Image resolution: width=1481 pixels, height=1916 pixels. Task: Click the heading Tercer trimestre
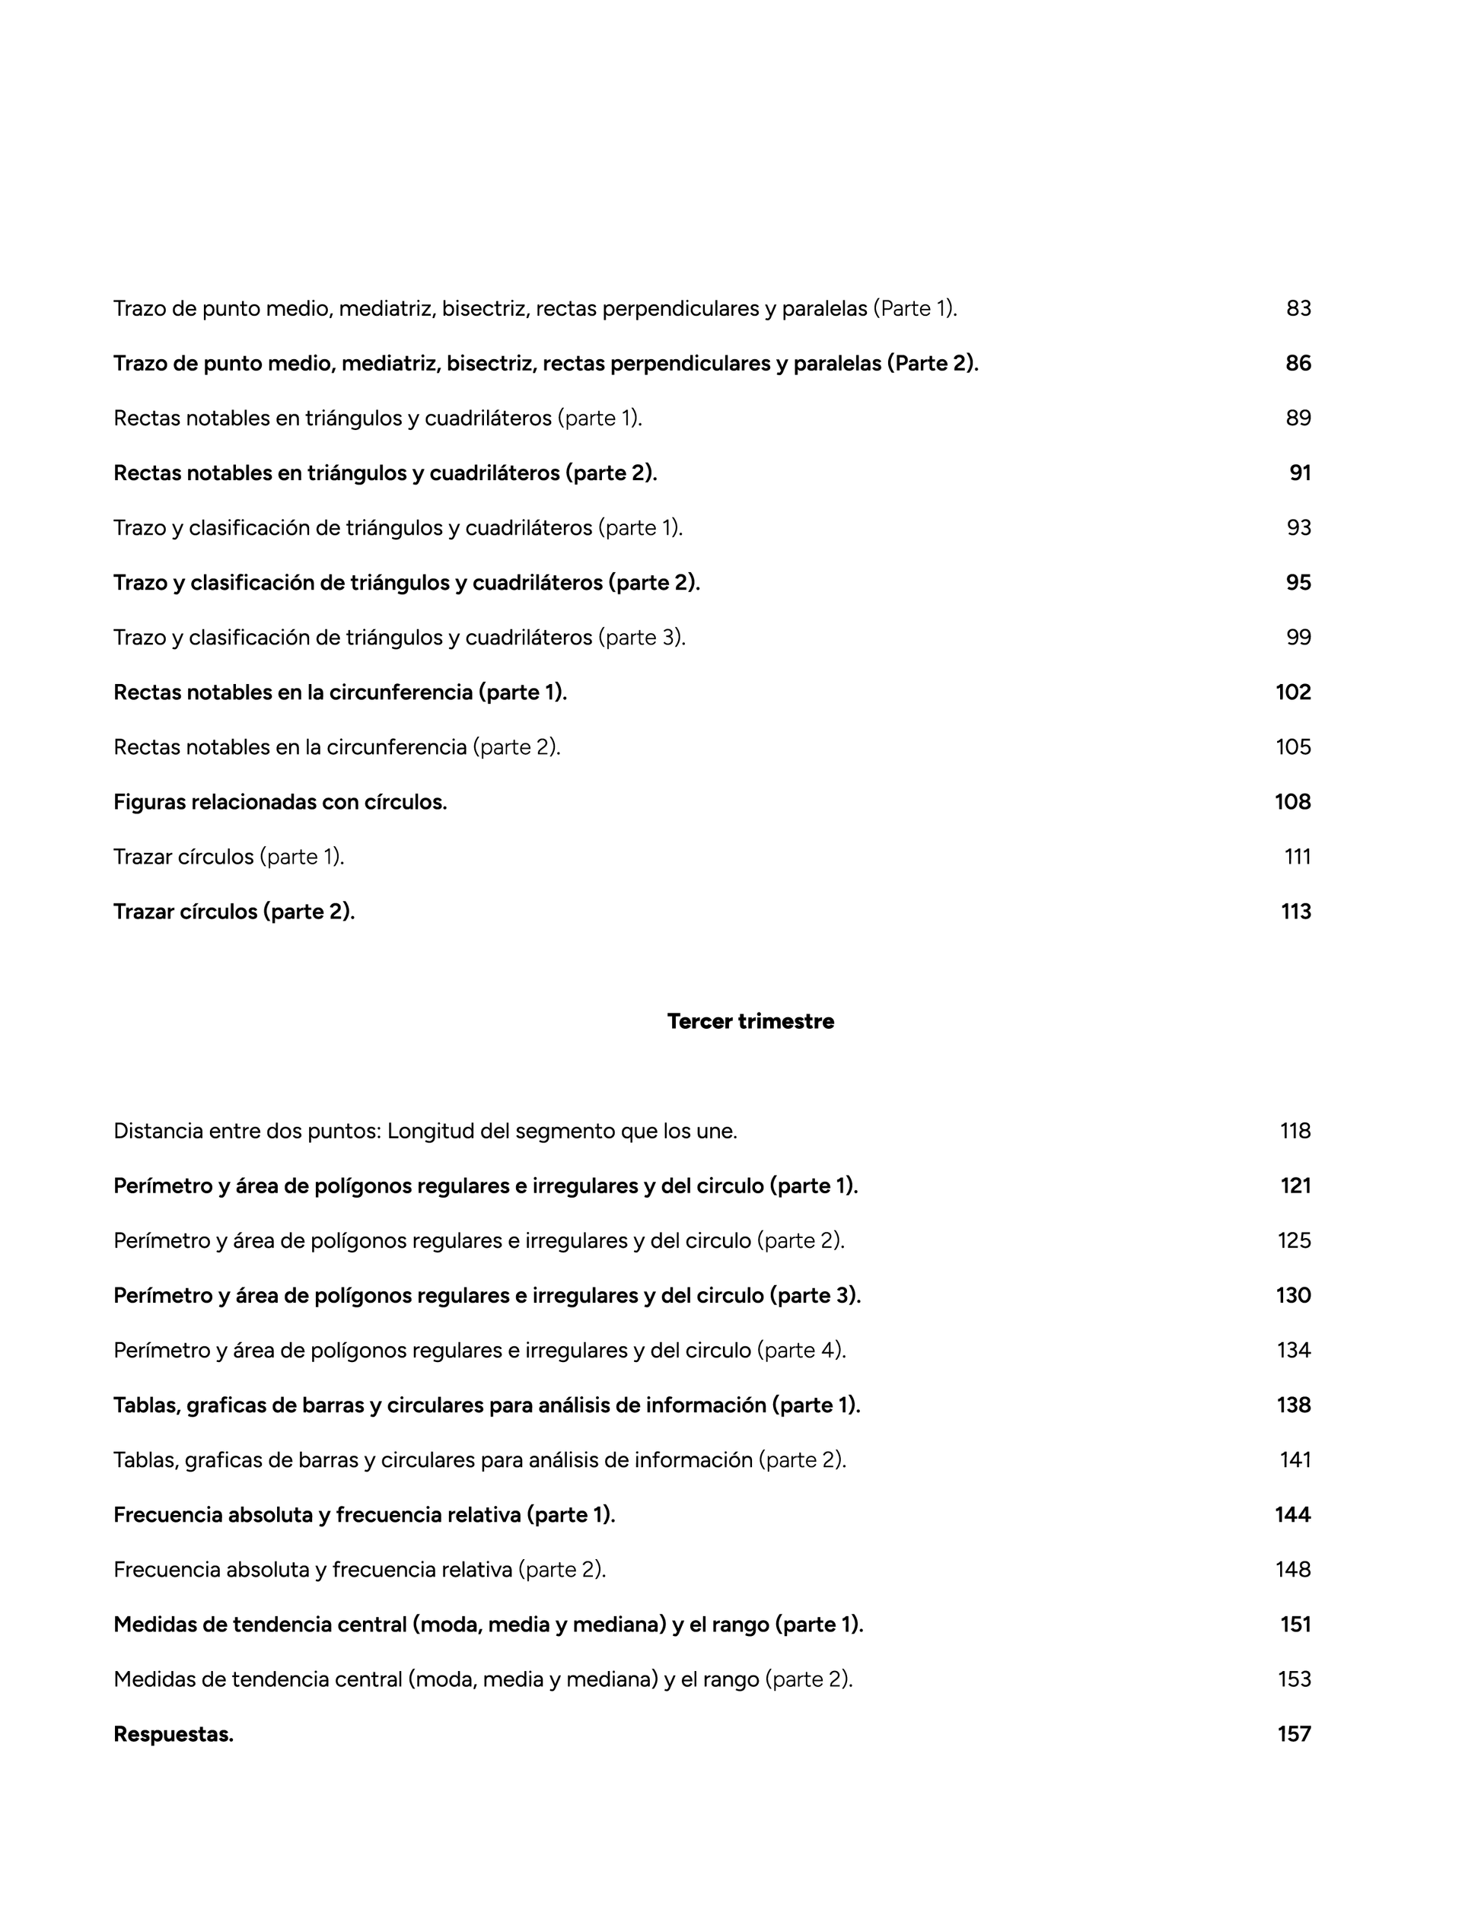click(750, 1021)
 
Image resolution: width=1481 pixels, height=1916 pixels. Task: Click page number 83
click(1298, 309)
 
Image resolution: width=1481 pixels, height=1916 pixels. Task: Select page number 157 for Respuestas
click(1294, 1733)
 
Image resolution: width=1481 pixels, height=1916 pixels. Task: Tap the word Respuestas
click(173, 1733)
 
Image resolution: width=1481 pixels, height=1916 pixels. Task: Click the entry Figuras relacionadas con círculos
click(280, 802)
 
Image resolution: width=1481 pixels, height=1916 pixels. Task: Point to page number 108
click(1292, 802)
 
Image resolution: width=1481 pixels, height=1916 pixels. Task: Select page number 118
click(1295, 1131)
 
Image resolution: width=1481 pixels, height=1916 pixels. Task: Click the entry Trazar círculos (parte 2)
click(234, 912)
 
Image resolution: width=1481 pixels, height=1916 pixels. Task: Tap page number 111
click(1298, 856)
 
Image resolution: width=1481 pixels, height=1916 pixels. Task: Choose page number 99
click(1298, 637)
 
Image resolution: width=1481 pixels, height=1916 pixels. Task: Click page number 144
click(1292, 1514)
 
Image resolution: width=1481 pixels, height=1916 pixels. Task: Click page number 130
click(1293, 1295)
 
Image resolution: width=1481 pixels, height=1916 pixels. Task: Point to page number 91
click(1299, 473)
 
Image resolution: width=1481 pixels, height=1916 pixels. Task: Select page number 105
click(1293, 746)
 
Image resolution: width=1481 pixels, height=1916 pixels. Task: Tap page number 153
click(1294, 1679)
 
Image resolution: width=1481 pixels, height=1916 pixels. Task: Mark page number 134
click(1293, 1349)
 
